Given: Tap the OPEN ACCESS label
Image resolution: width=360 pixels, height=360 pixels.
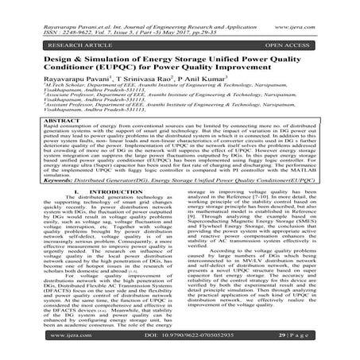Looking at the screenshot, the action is click(x=285, y=37).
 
